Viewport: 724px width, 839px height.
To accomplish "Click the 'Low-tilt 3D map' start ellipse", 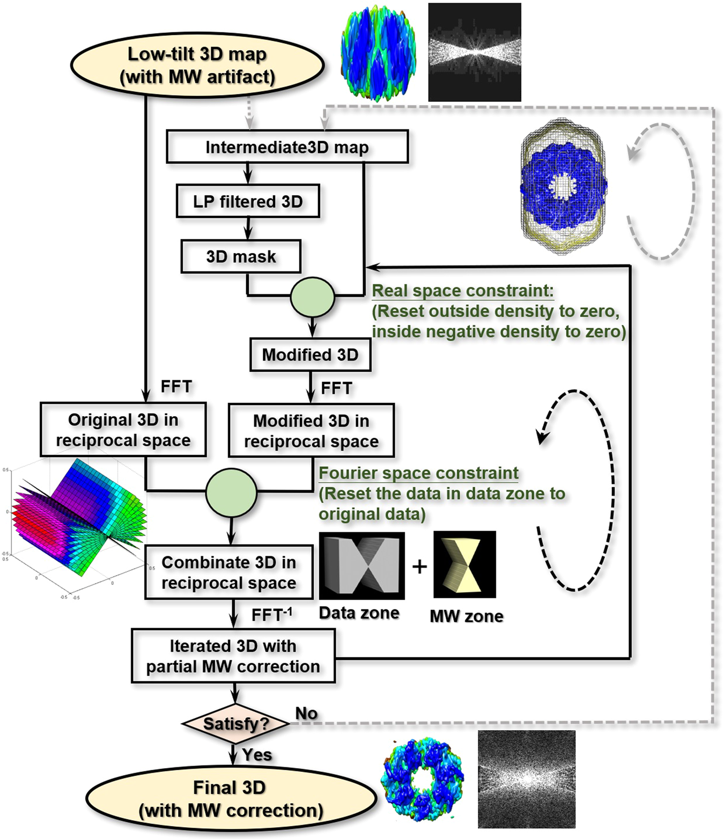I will click(197, 65).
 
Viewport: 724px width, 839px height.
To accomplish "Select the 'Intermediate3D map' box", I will click(287, 147).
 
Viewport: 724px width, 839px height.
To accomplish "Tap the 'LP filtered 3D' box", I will click(248, 202).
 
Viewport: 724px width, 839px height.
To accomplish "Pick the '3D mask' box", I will click(241, 257).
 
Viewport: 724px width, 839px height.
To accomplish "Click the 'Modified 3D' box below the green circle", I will click(310, 355).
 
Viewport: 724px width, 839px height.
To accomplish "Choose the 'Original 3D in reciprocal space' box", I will click(123, 430).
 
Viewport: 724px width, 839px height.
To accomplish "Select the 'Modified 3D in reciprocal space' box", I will click(311, 431).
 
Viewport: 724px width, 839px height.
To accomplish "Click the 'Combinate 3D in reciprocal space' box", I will click(229, 573).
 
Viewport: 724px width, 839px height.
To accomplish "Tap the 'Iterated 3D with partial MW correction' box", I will click(233, 656).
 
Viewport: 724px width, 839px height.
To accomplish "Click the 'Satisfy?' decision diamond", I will click(235, 724).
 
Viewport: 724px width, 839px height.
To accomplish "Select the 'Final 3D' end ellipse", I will click(231, 799).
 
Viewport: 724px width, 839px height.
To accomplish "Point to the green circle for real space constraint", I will click(312, 297).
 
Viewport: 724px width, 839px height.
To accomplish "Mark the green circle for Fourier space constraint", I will click(231, 492).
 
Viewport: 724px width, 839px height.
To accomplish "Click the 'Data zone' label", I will click(359, 613).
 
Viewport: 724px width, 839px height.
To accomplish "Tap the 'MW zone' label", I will click(466, 616).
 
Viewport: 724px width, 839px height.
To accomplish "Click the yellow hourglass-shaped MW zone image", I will click(464, 564).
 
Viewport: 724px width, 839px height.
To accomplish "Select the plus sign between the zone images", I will click(419, 566).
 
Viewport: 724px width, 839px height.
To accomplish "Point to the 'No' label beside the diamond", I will click(306, 713).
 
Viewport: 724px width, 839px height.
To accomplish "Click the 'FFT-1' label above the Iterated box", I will click(271, 615).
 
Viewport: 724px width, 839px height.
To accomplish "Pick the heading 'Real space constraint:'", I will click(462, 291).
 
